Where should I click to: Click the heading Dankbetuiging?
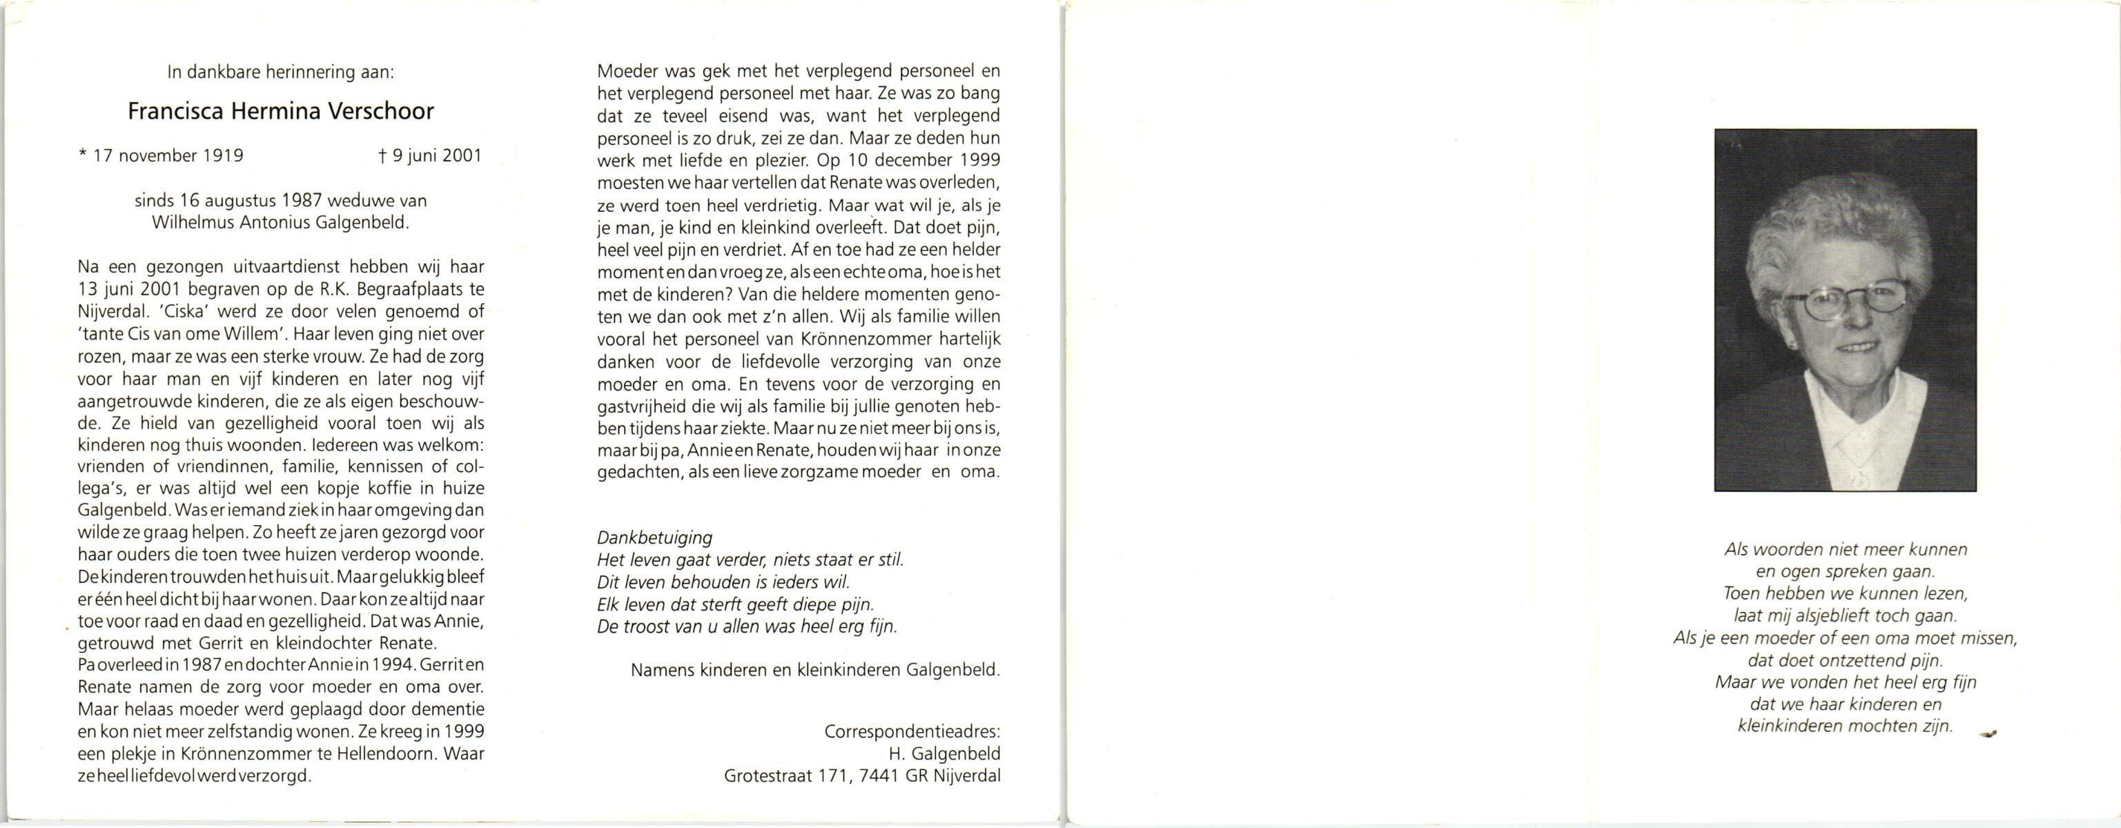[x=654, y=538]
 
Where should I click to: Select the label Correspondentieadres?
[x=912, y=731]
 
